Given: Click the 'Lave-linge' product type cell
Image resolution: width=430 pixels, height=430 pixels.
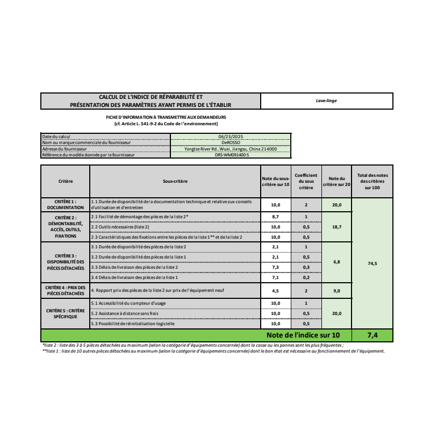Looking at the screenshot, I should (x=326, y=101).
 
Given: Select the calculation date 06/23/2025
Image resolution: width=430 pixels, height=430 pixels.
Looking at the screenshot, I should (x=231, y=137).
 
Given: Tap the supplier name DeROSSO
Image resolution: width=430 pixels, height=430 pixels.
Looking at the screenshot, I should (x=231, y=142).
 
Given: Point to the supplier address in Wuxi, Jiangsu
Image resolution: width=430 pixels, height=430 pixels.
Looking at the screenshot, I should (x=231, y=149).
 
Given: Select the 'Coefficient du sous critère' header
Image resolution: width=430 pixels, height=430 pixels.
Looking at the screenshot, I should (x=306, y=182).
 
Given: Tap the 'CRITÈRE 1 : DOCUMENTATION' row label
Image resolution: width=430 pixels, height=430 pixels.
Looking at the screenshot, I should (x=65, y=204).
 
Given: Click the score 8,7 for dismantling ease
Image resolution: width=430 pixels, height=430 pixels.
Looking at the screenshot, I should (x=275, y=217).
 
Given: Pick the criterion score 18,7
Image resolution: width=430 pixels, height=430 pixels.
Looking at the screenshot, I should (x=336, y=227).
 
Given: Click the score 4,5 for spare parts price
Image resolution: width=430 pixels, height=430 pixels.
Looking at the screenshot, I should (x=275, y=291).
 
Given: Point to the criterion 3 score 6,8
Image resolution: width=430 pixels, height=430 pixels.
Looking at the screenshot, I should (x=336, y=262).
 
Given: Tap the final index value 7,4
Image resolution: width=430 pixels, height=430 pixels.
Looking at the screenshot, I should (x=372, y=335).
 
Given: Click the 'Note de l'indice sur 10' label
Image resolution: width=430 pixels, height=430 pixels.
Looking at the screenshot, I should (x=303, y=335).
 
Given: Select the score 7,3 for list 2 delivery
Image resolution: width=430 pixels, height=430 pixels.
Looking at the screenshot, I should (x=275, y=267).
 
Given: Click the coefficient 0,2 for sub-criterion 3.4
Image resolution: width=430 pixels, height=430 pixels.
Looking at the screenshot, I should (x=306, y=277).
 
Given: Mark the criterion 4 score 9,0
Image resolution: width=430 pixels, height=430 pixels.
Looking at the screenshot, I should (x=336, y=291).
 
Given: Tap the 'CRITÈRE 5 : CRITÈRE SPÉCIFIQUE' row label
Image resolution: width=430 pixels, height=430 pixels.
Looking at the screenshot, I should (x=65, y=314).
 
